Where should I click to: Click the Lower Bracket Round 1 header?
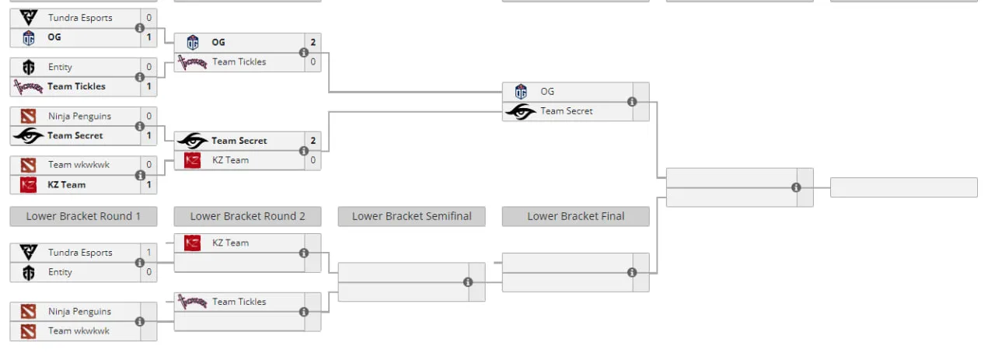click(83, 216)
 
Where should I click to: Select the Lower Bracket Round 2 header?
click(247, 216)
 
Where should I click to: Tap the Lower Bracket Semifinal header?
click(412, 216)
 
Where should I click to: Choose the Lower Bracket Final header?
click(576, 216)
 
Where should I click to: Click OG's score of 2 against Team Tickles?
click(313, 42)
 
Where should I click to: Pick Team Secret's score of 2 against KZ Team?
click(313, 141)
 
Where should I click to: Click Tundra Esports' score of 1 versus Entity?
click(148, 253)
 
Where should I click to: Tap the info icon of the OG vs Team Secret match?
click(632, 102)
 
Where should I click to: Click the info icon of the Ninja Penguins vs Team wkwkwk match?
click(139, 321)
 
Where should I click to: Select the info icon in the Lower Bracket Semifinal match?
click(468, 282)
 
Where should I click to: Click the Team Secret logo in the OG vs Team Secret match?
click(521, 111)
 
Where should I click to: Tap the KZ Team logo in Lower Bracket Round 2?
click(192, 243)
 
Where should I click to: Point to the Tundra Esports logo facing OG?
click(29, 18)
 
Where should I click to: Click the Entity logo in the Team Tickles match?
click(29, 67)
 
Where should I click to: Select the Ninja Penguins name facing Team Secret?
click(79, 117)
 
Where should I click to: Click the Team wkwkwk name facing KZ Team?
click(79, 165)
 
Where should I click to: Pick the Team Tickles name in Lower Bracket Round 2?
click(239, 302)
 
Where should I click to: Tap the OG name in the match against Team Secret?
click(547, 92)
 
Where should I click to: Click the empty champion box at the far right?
click(904, 187)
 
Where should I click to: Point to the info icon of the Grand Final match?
click(796, 187)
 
